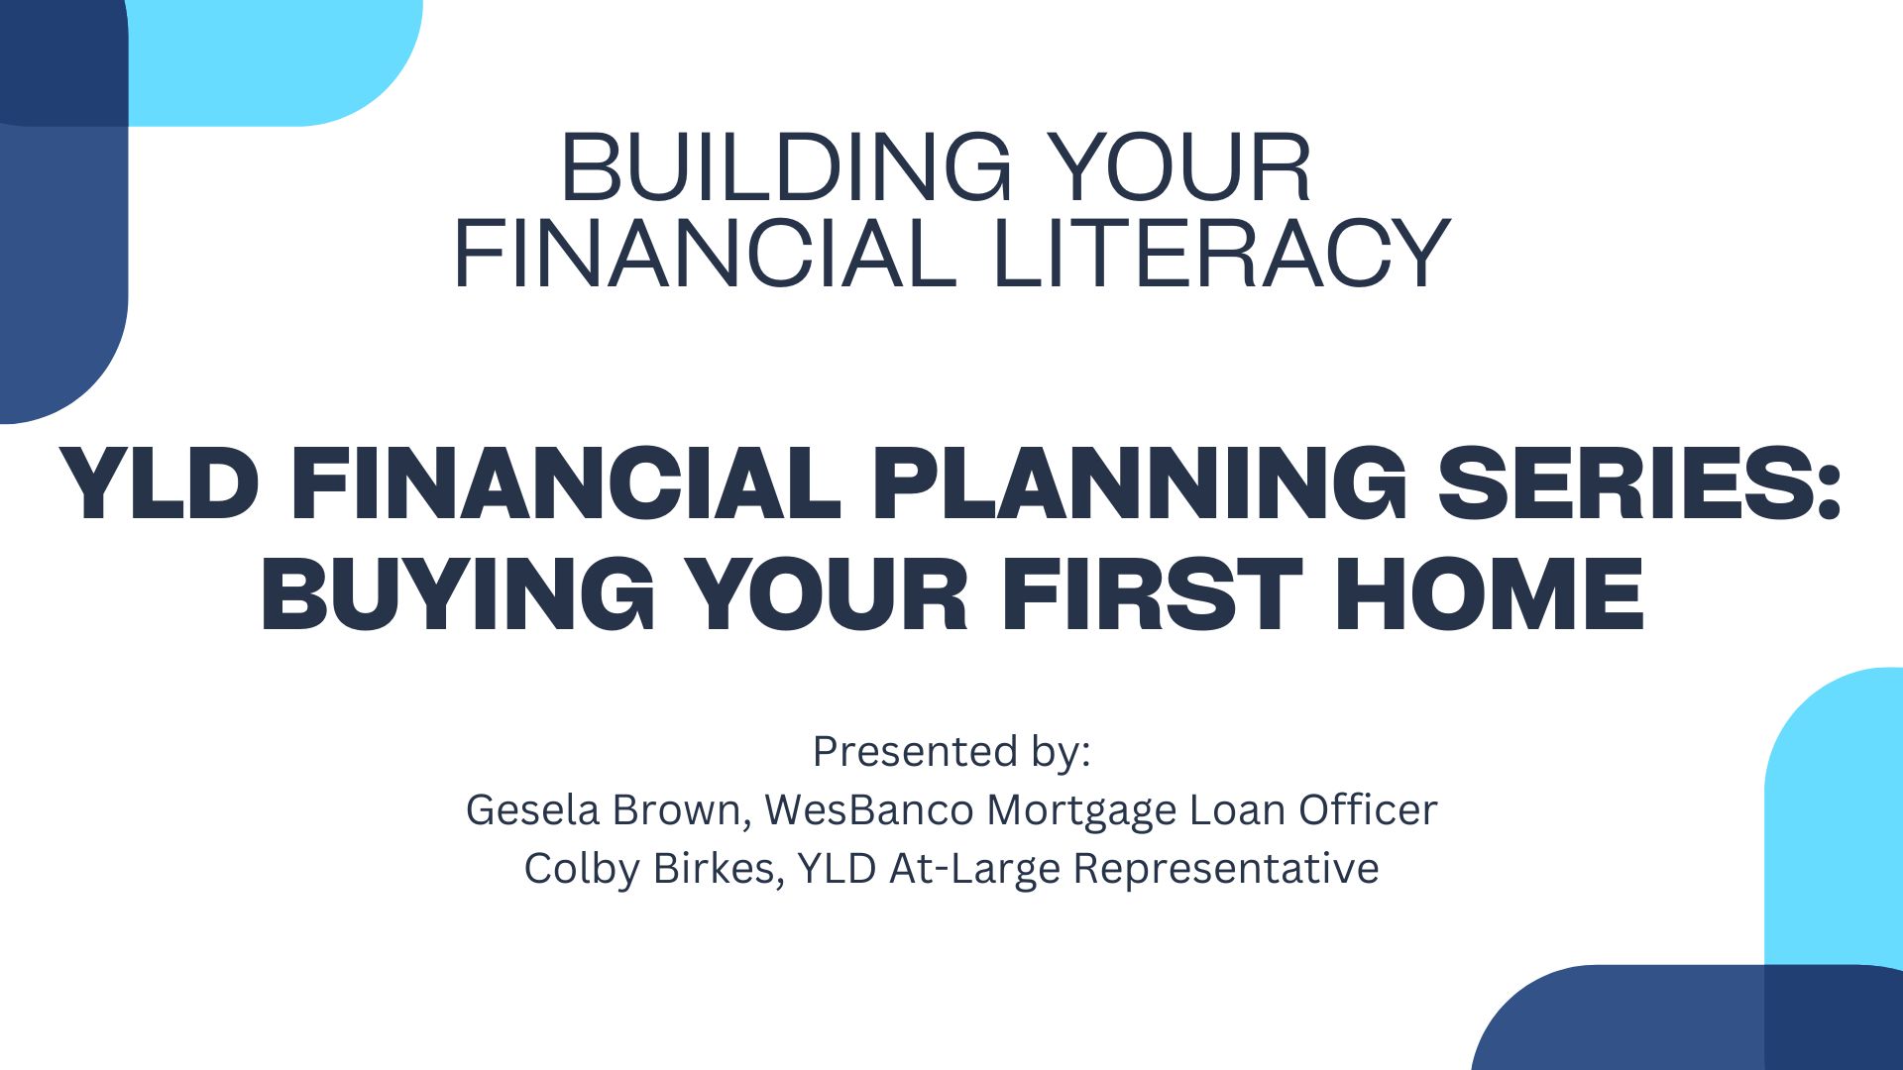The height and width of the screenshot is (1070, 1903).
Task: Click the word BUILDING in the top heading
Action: pos(786,167)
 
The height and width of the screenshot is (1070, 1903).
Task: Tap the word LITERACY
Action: pos(1220,254)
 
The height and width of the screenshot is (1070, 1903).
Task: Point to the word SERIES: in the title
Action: pos(1639,483)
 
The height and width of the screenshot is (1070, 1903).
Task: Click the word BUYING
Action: pos(458,594)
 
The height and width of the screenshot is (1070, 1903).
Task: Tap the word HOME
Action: pos(1490,594)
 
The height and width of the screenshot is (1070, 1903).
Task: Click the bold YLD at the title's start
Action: pos(160,483)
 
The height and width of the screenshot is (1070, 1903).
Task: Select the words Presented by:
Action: pos(951,753)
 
